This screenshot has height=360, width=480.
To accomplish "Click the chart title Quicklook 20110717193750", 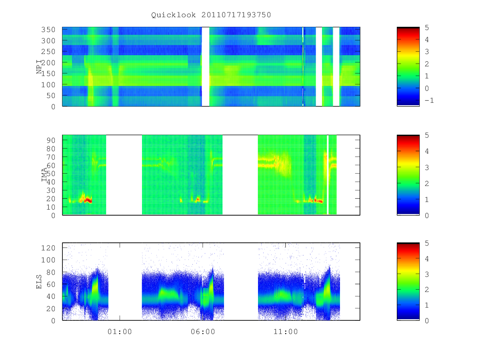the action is pyautogui.click(x=211, y=15).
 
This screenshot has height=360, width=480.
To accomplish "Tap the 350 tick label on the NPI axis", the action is pyautogui.click(x=48, y=30).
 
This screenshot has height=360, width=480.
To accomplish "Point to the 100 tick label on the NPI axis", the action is pyautogui.click(x=48, y=84).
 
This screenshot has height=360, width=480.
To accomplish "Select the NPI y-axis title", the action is pyautogui.click(x=39, y=67).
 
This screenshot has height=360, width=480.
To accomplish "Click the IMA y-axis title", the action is pyautogui.click(x=44, y=175).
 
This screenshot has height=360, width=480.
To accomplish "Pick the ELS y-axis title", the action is pyautogui.click(x=39, y=282).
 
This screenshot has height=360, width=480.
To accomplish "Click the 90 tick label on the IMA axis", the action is pyautogui.click(x=51, y=140).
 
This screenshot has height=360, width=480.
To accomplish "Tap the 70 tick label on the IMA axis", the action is pyautogui.click(x=51, y=157).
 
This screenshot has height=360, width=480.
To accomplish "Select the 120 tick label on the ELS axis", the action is pyautogui.click(x=48, y=248).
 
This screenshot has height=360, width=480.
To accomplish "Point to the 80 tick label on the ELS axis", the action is pyautogui.click(x=51, y=272).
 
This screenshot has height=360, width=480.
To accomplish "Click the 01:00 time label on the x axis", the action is pyautogui.click(x=120, y=332).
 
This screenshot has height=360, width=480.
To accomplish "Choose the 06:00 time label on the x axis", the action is pyautogui.click(x=203, y=332).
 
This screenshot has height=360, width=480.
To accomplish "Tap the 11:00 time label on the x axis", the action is pyautogui.click(x=286, y=332).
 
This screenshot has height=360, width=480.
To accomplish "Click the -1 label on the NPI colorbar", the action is pyautogui.click(x=429, y=100).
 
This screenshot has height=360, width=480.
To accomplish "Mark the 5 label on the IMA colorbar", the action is pyautogui.click(x=427, y=135).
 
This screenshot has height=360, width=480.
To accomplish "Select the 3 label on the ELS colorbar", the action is pyautogui.click(x=427, y=274).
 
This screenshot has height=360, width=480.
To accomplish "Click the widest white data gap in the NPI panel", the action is pyautogui.click(x=206, y=67).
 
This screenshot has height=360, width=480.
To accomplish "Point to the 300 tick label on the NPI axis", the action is pyautogui.click(x=48, y=41).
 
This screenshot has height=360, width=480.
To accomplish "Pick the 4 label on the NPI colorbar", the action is pyautogui.click(x=427, y=40).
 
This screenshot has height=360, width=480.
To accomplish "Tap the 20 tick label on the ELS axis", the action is pyautogui.click(x=51, y=309).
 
